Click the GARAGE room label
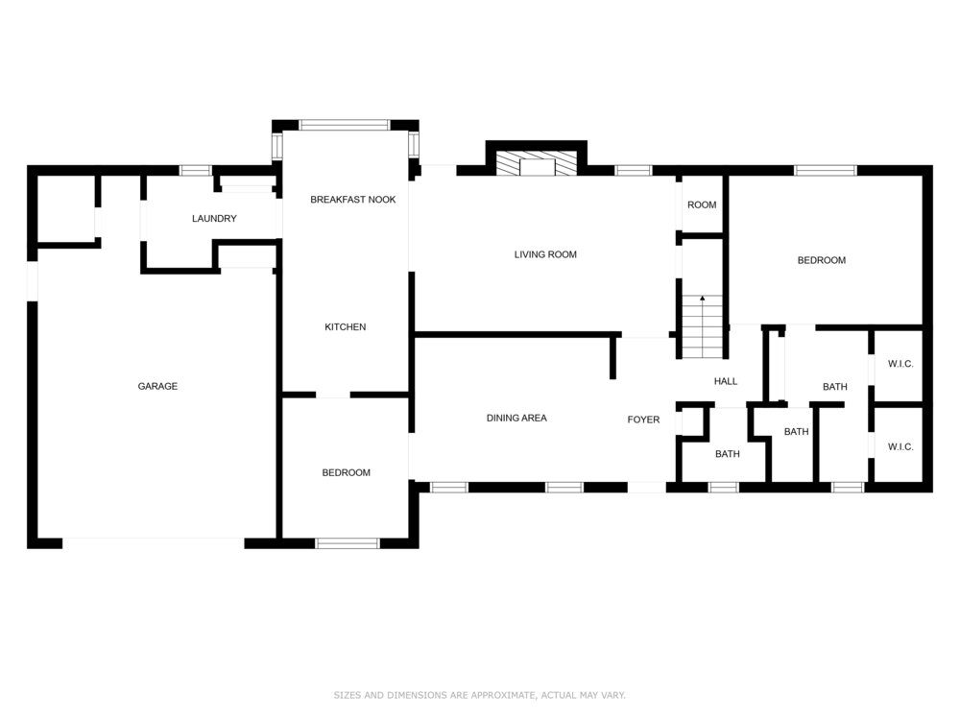[157, 386]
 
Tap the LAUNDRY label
[214, 219]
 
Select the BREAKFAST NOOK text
[352, 200]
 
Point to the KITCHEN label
[346, 327]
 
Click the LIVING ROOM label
[545, 254]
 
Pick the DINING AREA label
[516, 419]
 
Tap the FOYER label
[643, 420]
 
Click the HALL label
[726, 381]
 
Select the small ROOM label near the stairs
[702, 205]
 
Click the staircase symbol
[703, 327]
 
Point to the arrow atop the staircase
[703, 299]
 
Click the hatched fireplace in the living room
[537, 164]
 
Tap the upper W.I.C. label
[900, 364]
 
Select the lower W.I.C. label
[900, 447]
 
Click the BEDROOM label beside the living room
[822, 260]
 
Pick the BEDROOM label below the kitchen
[346, 472]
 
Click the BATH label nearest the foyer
[728, 454]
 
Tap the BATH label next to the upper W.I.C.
[835, 387]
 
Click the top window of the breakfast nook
[345, 125]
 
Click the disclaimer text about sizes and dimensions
[479, 695]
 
